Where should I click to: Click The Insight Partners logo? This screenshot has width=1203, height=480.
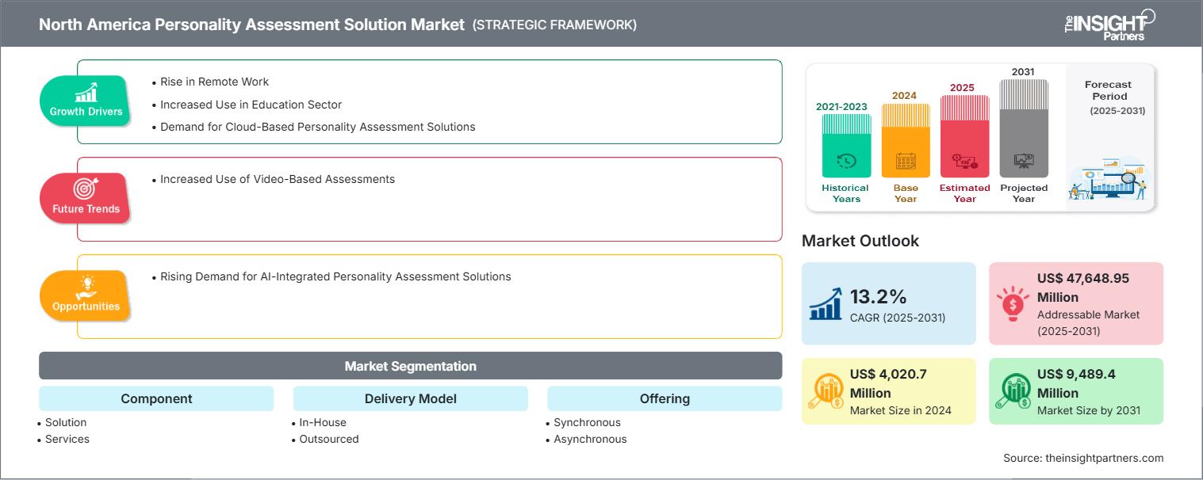1109,24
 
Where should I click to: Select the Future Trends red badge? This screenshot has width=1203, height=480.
86,198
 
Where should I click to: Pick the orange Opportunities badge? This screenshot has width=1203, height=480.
86,295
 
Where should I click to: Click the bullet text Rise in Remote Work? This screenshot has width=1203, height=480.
214,82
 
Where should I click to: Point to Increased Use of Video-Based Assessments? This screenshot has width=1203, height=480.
277,179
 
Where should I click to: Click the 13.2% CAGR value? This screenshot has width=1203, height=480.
878,296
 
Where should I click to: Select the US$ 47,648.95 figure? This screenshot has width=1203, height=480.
1082,278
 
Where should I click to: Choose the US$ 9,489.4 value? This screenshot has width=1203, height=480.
1076,374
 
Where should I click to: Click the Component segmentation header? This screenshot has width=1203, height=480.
156,398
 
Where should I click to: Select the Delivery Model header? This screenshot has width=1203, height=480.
410,398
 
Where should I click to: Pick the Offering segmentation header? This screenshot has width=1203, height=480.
665,398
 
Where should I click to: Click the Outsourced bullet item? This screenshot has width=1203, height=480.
329,439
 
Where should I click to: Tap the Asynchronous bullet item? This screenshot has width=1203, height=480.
590,439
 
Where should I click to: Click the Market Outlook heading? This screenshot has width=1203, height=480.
860,241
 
